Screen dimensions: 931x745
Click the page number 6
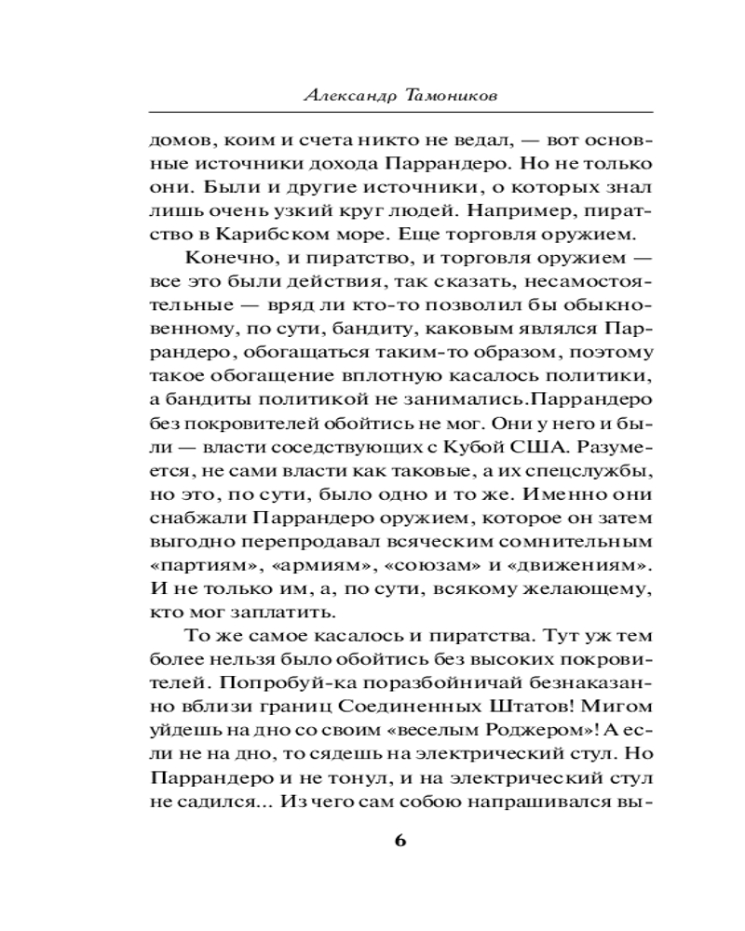400,840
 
